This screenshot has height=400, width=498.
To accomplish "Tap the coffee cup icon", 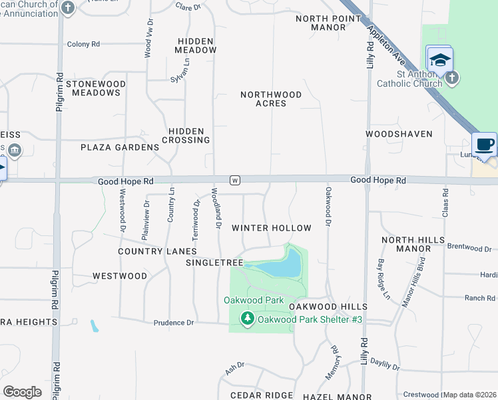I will (484, 145).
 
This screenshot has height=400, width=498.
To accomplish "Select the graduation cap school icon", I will (439, 60).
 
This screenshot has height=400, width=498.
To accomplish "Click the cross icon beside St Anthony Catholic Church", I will (451, 78).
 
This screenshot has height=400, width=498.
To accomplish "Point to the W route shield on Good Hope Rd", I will (234, 180).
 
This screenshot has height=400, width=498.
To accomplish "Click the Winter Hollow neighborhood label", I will (271, 228).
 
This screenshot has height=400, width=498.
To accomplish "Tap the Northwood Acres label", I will (271, 99).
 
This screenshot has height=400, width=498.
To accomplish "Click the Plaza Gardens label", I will (120, 147).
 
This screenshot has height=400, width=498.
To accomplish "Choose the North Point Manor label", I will (321, 23).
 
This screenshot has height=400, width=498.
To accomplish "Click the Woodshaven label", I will (399, 134).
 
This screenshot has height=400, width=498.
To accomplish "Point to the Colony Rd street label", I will (83, 44).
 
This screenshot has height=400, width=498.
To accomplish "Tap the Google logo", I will (22, 392).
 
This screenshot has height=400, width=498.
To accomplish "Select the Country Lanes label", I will (157, 251).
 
